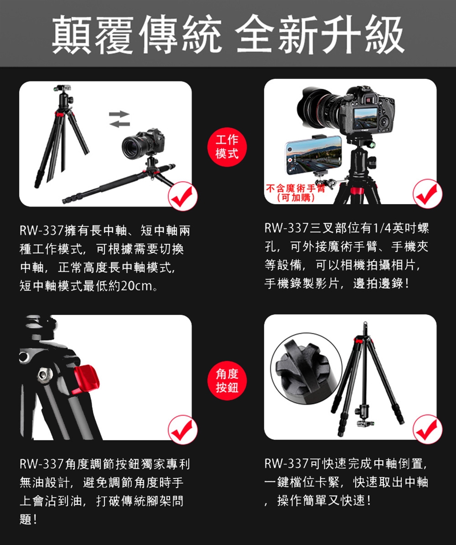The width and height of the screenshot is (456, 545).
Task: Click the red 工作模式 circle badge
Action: click(x=227, y=147)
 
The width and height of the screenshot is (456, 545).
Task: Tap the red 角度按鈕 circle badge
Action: click(x=227, y=381)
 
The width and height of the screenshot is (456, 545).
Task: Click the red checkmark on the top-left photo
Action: click(x=182, y=196)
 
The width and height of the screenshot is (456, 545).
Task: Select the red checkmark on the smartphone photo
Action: click(x=427, y=194)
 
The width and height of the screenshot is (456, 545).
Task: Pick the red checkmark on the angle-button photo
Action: click(x=182, y=430)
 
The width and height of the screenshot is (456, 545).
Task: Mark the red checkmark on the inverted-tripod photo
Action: click(x=427, y=430)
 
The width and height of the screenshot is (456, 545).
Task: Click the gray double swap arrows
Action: click(x=119, y=119)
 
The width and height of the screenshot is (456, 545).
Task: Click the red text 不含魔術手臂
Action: click(x=295, y=188)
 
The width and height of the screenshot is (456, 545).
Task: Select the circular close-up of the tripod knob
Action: click(x=306, y=369)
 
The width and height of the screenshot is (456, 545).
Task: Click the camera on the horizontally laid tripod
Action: click(x=143, y=144)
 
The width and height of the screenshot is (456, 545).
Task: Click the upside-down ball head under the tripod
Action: click(x=364, y=416)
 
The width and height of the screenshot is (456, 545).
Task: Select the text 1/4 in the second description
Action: click(x=382, y=228)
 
